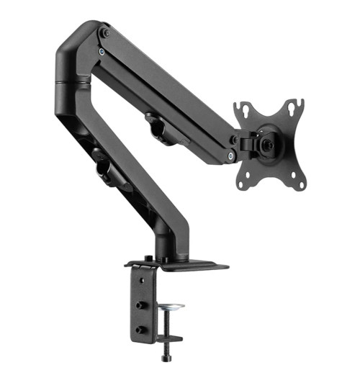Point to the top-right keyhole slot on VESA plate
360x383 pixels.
click(x=292, y=107)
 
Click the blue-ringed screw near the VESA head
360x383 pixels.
click(x=230, y=156)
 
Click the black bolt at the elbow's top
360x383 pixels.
click(x=106, y=32)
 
